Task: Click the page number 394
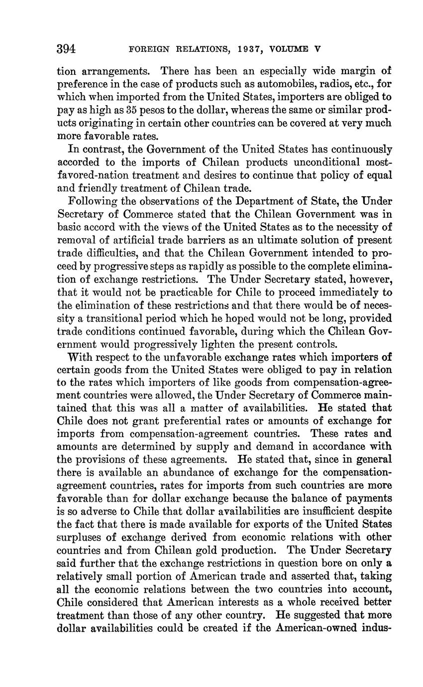(x=66, y=49)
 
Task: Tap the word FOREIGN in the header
(x=145, y=49)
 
